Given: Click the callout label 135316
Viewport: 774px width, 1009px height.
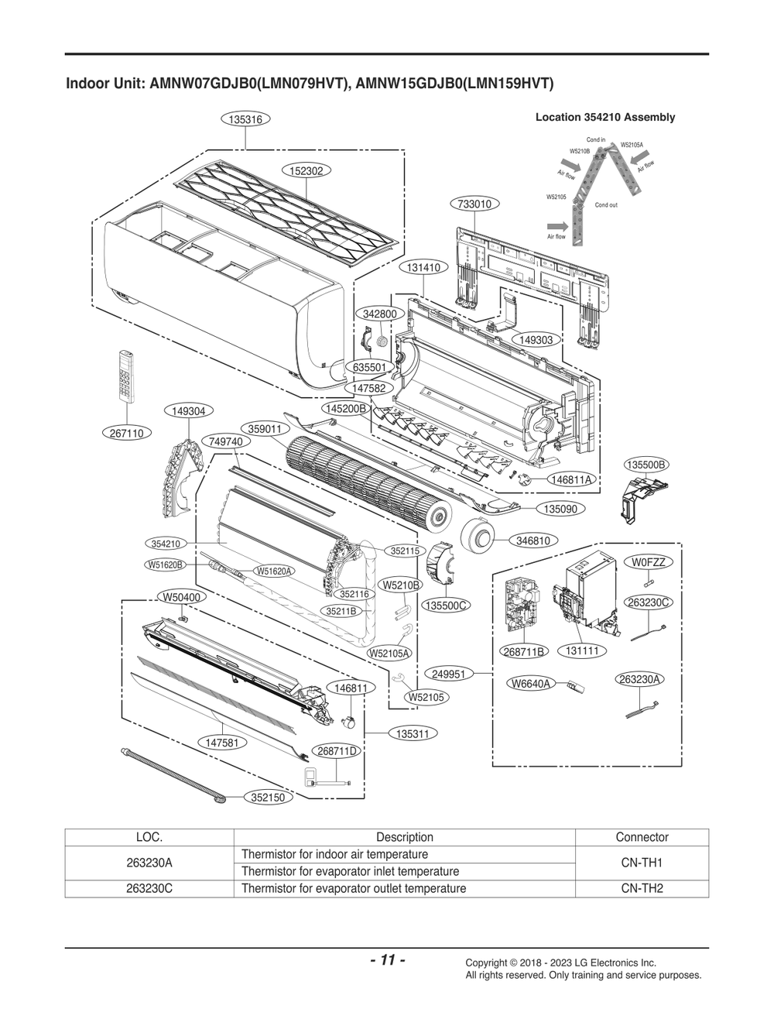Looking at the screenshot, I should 245,119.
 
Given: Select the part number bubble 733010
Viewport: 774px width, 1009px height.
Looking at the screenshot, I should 474,204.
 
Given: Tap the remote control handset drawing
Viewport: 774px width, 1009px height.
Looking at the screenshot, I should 128,376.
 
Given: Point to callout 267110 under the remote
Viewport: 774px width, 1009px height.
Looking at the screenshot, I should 126,434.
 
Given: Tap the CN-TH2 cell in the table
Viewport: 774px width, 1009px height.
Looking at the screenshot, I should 642,888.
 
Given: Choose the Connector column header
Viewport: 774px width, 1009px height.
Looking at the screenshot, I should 642,837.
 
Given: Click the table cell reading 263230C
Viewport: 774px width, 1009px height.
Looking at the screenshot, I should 149,888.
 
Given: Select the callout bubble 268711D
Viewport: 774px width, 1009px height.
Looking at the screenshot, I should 338,751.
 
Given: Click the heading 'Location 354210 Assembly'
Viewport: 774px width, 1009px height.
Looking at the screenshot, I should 604,118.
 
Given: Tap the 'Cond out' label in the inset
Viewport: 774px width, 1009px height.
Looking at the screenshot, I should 606,205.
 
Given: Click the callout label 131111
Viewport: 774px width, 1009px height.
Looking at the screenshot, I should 582,651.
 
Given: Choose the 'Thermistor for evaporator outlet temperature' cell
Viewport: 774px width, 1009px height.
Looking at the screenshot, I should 354,888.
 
